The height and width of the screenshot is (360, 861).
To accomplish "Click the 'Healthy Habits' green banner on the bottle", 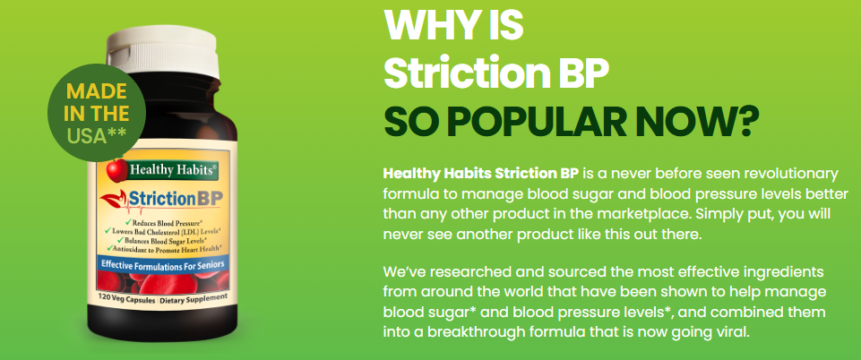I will tap(173, 167).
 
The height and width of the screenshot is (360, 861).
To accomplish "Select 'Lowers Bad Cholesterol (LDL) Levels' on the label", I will tap(176, 230).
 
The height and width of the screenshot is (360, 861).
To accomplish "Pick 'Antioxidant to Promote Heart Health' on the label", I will tap(176, 248).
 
